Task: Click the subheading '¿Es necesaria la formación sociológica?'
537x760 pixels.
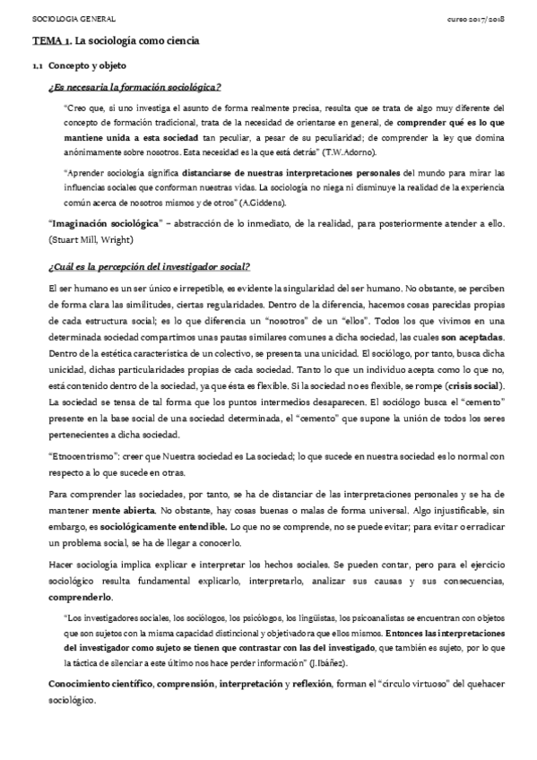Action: pos(134,87)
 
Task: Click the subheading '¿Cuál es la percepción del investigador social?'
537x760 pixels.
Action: pos(149,267)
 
